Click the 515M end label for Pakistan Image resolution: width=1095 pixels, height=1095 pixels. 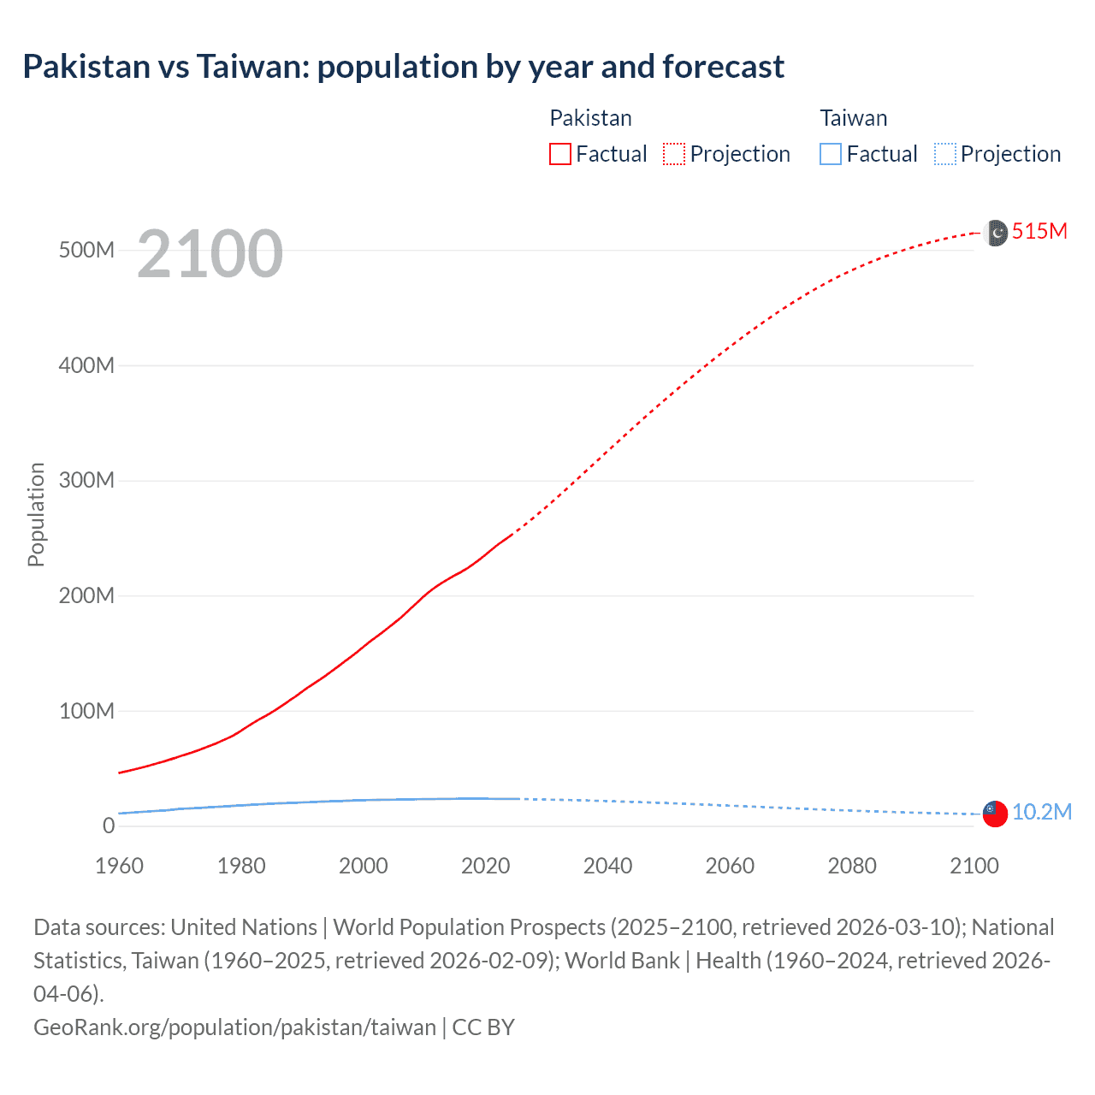click(x=1039, y=231)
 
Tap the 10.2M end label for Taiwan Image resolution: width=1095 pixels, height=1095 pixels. click(x=1041, y=812)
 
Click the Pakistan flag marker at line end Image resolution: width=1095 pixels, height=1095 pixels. click(x=996, y=233)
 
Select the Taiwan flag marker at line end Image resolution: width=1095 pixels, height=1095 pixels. click(x=995, y=814)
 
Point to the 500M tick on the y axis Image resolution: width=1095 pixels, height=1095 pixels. click(x=86, y=251)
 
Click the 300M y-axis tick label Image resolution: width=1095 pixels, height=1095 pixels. click(x=86, y=481)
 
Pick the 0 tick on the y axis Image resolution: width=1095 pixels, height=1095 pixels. click(x=109, y=826)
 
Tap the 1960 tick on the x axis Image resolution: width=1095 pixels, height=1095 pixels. click(x=119, y=866)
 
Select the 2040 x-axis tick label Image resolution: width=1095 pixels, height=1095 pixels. click(x=607, y=866)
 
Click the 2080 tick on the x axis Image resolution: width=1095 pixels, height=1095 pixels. click(x=852, y=866)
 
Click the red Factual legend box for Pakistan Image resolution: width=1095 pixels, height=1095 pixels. click(x=560, y=154)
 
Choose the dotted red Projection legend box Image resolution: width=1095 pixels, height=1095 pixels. click(x=674, y=154)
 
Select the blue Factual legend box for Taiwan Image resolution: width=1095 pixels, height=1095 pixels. click(x=831, y=154)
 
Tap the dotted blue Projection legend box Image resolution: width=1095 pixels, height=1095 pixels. click(x=945, y=154)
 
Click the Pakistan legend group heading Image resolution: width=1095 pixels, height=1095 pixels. click(x=590, y=118)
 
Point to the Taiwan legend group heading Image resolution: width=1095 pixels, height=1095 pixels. click(x=853, y=118)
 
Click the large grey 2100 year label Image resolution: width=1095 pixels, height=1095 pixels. click(x=210, y=253)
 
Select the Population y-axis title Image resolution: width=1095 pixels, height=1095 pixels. click(x=36, y=514)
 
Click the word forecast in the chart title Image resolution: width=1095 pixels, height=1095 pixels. click(x=724, y=67)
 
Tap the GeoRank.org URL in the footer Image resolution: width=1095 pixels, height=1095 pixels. click(x=234, y=1027)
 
